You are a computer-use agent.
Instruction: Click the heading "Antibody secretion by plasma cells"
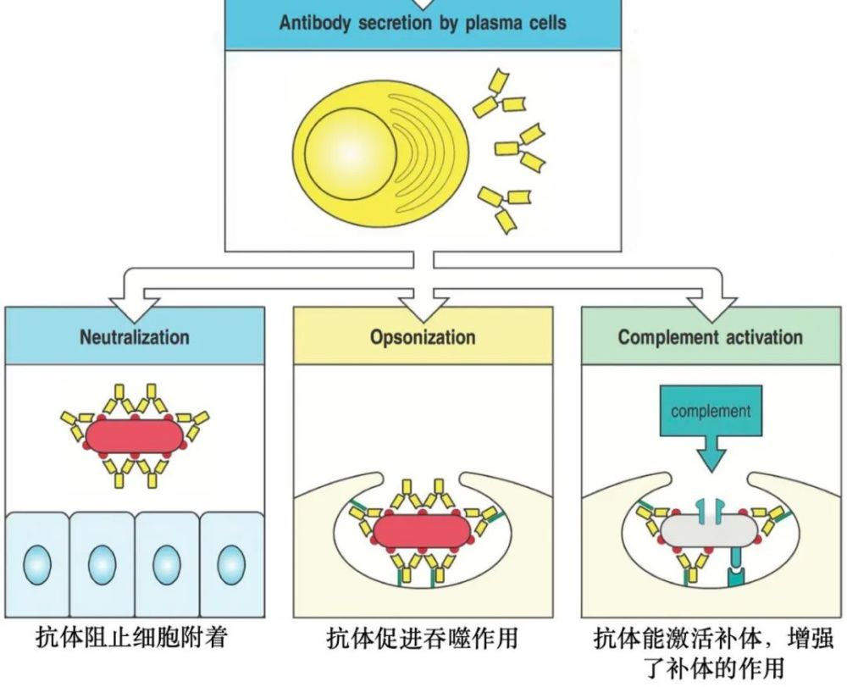(423, 23)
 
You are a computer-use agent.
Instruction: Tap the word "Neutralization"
(135, 337)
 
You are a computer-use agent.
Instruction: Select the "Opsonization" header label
(423, 337)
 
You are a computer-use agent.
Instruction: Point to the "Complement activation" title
(710, 337)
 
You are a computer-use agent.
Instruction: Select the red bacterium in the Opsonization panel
(420, 531)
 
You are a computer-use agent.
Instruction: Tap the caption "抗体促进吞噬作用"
(421, 637)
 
